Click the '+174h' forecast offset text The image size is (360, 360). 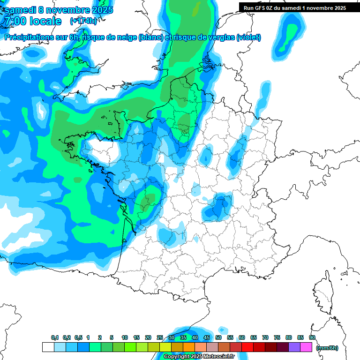[x=83, y=21]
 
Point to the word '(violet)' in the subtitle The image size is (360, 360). [x=249, y=37]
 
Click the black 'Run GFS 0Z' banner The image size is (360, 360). [x=293, y=7]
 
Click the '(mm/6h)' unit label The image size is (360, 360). [x=327, y=347]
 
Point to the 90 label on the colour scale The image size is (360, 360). [x=312, y=338]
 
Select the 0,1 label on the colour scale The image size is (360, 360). [x=55, y=338]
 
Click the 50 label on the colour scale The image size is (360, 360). [x=218, y=338]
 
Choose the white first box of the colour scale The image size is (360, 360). [x=48, y=347]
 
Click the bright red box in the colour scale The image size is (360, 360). [x=247, y=347]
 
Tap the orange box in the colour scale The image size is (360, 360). [x=189, y=347]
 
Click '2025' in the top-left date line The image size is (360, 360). [x=99, y=9]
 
